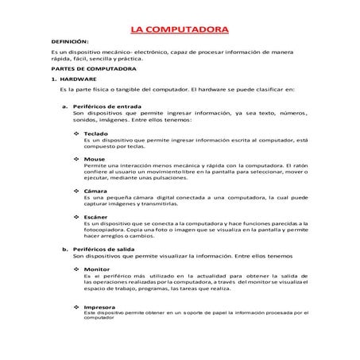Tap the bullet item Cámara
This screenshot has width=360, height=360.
(95, 191)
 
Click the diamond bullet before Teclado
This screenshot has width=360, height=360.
(76, 134)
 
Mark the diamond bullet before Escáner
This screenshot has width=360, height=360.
(76, 216)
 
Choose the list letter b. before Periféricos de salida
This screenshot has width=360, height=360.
(64, 250)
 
